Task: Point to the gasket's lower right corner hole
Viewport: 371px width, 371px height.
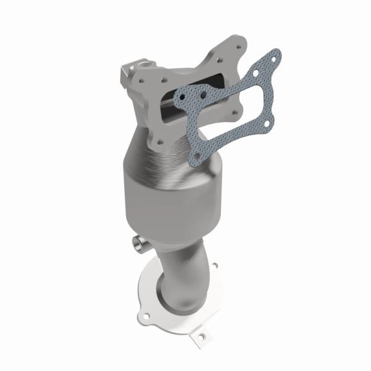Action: click(265, 128)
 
